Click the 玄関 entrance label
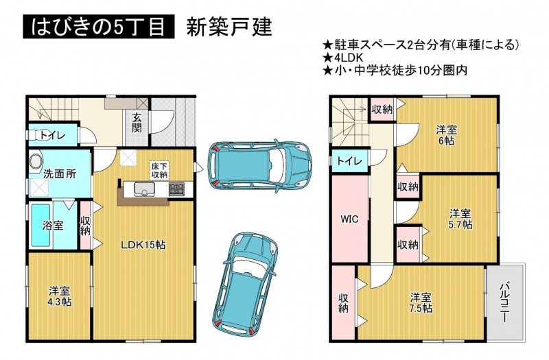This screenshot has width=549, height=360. [137, 123]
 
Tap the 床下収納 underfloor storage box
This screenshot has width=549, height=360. [159, 170]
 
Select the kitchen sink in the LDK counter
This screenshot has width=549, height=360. [143, 189]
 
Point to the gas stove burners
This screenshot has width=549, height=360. [176, 189]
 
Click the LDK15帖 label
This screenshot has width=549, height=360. [143, 245]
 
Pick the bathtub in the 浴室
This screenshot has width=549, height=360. [41, 226]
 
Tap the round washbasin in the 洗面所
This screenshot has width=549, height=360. [36, 162]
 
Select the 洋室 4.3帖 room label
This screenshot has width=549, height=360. [60, 296]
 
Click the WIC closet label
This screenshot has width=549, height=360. [349, 219]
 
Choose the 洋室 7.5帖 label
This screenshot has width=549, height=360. [421, 303]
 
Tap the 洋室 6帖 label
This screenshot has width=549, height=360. [446, 135]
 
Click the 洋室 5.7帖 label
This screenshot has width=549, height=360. [460, 219]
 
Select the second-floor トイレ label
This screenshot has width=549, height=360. [349, 161]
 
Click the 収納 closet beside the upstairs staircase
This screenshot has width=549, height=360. [382, 110]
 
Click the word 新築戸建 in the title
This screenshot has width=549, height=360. [229, 27]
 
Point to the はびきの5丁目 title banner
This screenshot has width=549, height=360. [99, 27]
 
